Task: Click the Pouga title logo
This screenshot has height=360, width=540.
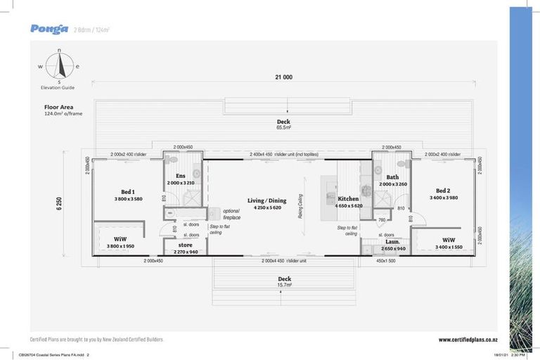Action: click(49, 29)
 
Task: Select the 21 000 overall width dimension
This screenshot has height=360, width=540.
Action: click(284, 77)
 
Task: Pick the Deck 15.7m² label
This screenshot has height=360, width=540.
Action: click(283, 278)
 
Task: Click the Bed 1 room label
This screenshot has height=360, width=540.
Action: click(128, 191)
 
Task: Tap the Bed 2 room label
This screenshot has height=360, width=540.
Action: click(443, 191)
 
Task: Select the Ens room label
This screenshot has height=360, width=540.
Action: click(181, 176)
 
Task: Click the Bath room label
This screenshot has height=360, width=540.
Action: click(392, 177)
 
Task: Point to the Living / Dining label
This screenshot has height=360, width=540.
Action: click(266, 200)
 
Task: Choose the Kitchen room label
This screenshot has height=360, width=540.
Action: click(348, 199)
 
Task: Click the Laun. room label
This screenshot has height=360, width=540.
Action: click(392, 241)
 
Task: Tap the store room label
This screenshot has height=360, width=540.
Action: click(185, 245)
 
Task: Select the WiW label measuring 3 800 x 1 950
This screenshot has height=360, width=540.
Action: click(121, 239)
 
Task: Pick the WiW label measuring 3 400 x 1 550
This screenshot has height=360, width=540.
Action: click(449, 239)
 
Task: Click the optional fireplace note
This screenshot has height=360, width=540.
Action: click(231, 214)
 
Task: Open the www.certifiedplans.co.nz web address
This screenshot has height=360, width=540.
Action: click(468, 340)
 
